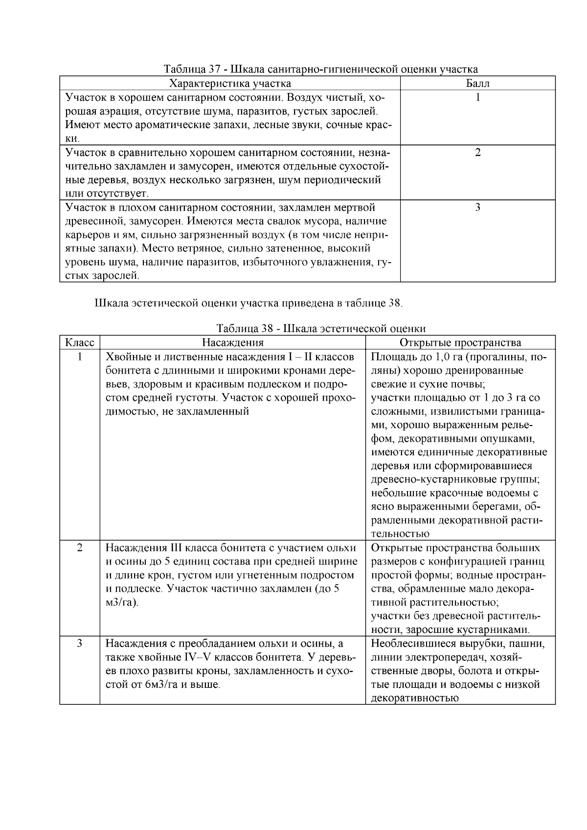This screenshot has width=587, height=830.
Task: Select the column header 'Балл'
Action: tap(477, 83)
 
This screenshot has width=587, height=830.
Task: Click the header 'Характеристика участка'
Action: tap(230, 83)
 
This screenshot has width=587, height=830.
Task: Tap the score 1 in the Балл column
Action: tap(477, 97)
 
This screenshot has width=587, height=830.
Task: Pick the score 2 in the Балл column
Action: tap(477, 152)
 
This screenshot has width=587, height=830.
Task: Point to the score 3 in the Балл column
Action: tap(477, 207)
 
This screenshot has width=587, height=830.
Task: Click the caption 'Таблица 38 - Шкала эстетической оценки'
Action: tap(320, 329)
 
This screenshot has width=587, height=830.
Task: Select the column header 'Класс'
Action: tap(80, 342)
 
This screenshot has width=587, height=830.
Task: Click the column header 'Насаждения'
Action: tap(233, 342)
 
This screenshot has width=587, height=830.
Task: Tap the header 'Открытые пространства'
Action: tap(460, 342)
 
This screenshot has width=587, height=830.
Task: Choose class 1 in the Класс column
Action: tap(80, 357)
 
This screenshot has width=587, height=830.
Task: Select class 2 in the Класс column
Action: tap(80, 547)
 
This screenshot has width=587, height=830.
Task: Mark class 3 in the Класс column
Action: tap(80, 643)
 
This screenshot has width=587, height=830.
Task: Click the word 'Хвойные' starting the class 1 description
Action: tap(124, 357)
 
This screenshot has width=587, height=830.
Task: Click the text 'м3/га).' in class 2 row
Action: tap(122, 603)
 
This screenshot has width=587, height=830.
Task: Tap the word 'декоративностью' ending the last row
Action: tap(415, 698)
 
